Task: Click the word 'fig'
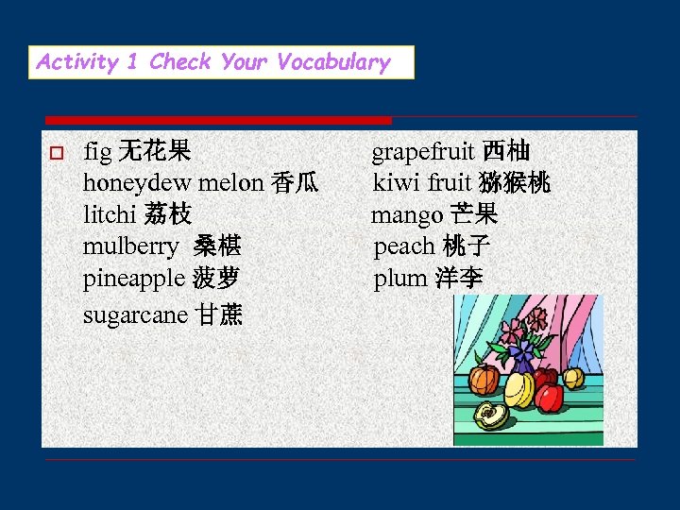click(x=96, y=151)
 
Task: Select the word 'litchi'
click(x=110, y=214)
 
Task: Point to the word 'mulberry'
click(x=130, y=247)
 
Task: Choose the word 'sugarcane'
click(x=135, y=314)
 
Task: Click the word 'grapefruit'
click(x=423, y=151)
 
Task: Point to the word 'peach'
click(x=403, y=247)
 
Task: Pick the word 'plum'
click(x=400, y=280)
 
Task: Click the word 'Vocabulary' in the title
click(x=333, y=62)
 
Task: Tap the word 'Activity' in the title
click(x=77, y=62)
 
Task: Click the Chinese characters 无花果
click(x=154, y=151)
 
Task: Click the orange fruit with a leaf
click(x=484, y=380)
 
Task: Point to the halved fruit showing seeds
click(x=491, y=415)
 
